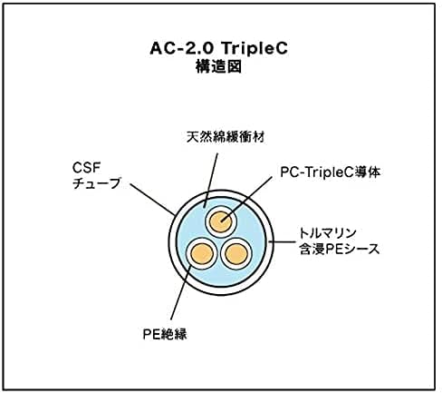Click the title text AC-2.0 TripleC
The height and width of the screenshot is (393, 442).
(x=219, y=48)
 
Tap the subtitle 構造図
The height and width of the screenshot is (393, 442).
(x=219, y=66)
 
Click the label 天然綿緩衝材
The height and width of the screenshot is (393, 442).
(x=226, y=137)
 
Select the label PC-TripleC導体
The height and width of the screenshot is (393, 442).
(x=331, y=172)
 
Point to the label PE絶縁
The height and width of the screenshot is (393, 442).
(x=165, y=334)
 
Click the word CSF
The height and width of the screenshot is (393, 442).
(x=86, y=168)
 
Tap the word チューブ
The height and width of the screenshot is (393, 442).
(x=97, y=183)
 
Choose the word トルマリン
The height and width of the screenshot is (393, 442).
(x=328, y=233)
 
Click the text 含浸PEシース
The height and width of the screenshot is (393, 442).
(x=339, y=249)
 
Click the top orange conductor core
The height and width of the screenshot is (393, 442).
(x=221, y=221)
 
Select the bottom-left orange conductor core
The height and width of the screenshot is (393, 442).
(x=202, y=253)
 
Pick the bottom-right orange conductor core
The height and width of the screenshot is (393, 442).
(x=236, y=254)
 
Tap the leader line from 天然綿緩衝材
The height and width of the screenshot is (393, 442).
(x=210, y=181)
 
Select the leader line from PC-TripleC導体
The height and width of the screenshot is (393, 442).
(x=246, y=200)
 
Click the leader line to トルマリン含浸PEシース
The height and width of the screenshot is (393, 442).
(x=282, y=241)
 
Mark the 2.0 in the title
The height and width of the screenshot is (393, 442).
(x=199, y=48)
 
